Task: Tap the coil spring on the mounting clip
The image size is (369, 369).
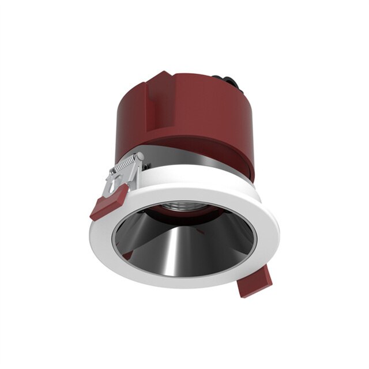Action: tap(128, 165)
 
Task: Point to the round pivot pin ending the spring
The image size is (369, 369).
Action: tap(138, 156)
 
